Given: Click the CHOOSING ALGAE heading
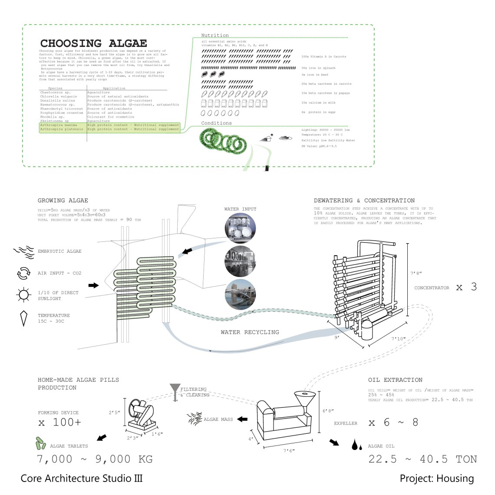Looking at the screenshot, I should point(93,43).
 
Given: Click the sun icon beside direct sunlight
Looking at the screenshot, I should point(23,295).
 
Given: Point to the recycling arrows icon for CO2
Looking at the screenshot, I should point(23,274).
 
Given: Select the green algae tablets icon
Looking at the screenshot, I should point(41,443).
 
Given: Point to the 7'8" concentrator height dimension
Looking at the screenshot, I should point(416,274).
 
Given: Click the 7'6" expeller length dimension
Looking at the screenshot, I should point(289,451).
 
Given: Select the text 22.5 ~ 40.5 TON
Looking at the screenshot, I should point(422,459).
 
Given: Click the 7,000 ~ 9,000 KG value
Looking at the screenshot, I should point(95,459).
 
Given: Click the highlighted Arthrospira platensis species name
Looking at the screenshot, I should point(61,129).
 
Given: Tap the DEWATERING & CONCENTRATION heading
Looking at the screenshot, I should point(364,201).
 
